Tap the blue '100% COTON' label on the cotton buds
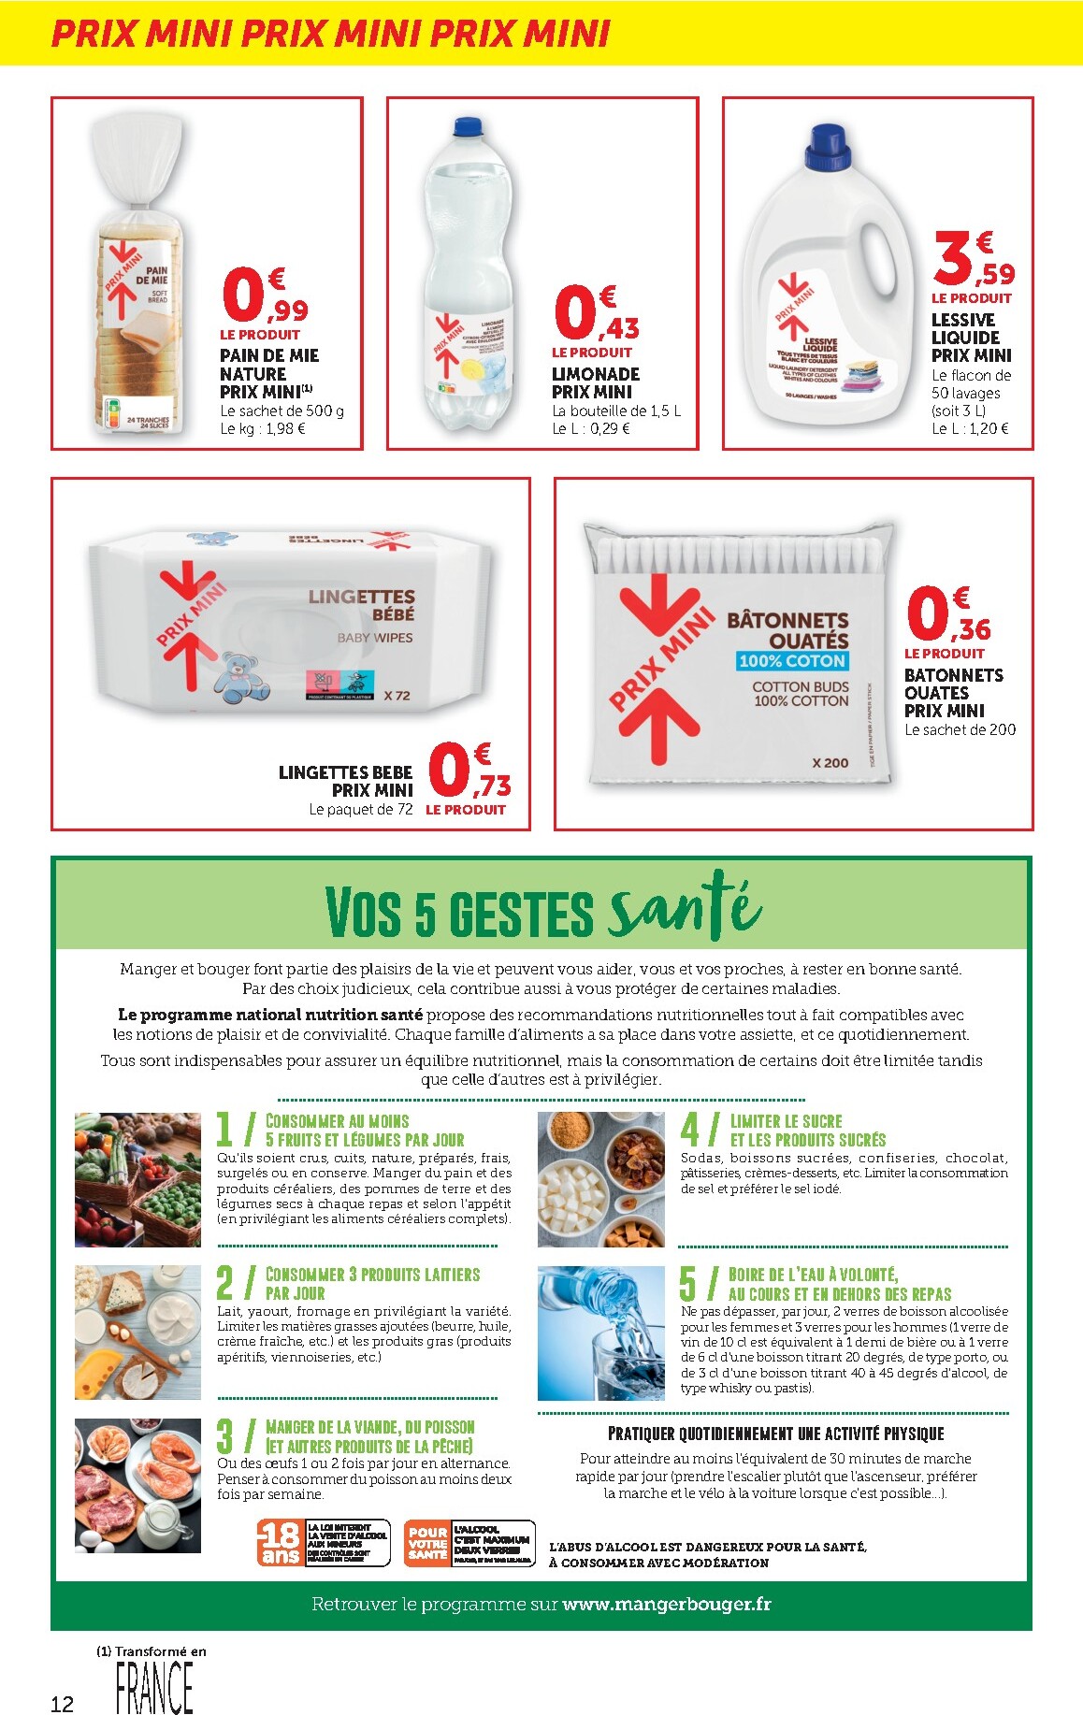pos(792,661)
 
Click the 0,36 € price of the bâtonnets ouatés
pos(947,614)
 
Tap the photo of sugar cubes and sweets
pos(600,1179)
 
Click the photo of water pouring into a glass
pos(600,1332)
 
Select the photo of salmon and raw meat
pos(137,1485)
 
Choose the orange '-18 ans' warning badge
pos(280,1543)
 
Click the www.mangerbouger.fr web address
pos(667,1604)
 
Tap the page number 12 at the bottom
pos(62,1704)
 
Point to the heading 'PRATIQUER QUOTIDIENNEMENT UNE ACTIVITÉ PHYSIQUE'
pos(775,1434)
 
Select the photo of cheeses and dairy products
pos(137,1332)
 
